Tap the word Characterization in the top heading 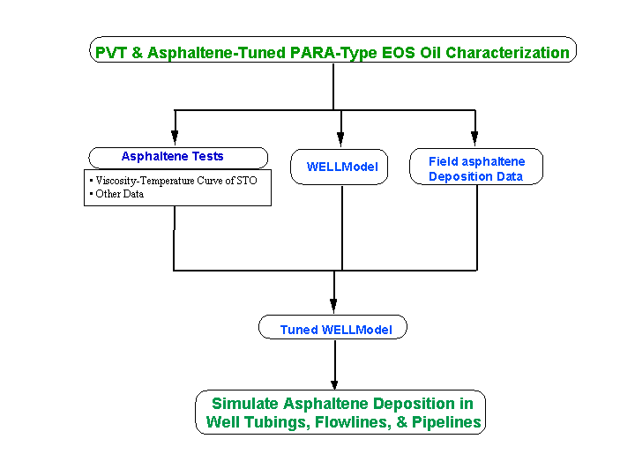507,53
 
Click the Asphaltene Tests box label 173,156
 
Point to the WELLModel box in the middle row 340,167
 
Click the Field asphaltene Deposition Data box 476,167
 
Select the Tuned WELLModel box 332,327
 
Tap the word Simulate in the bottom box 245,404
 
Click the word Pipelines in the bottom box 446,421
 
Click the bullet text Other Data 119,194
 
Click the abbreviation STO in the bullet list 247,181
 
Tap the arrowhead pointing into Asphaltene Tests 175,138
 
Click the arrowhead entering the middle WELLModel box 340,139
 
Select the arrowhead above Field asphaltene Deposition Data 474,138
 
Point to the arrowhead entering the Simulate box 334,384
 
